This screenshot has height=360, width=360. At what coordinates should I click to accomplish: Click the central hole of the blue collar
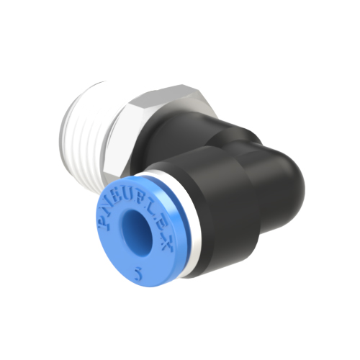(135, 232)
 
